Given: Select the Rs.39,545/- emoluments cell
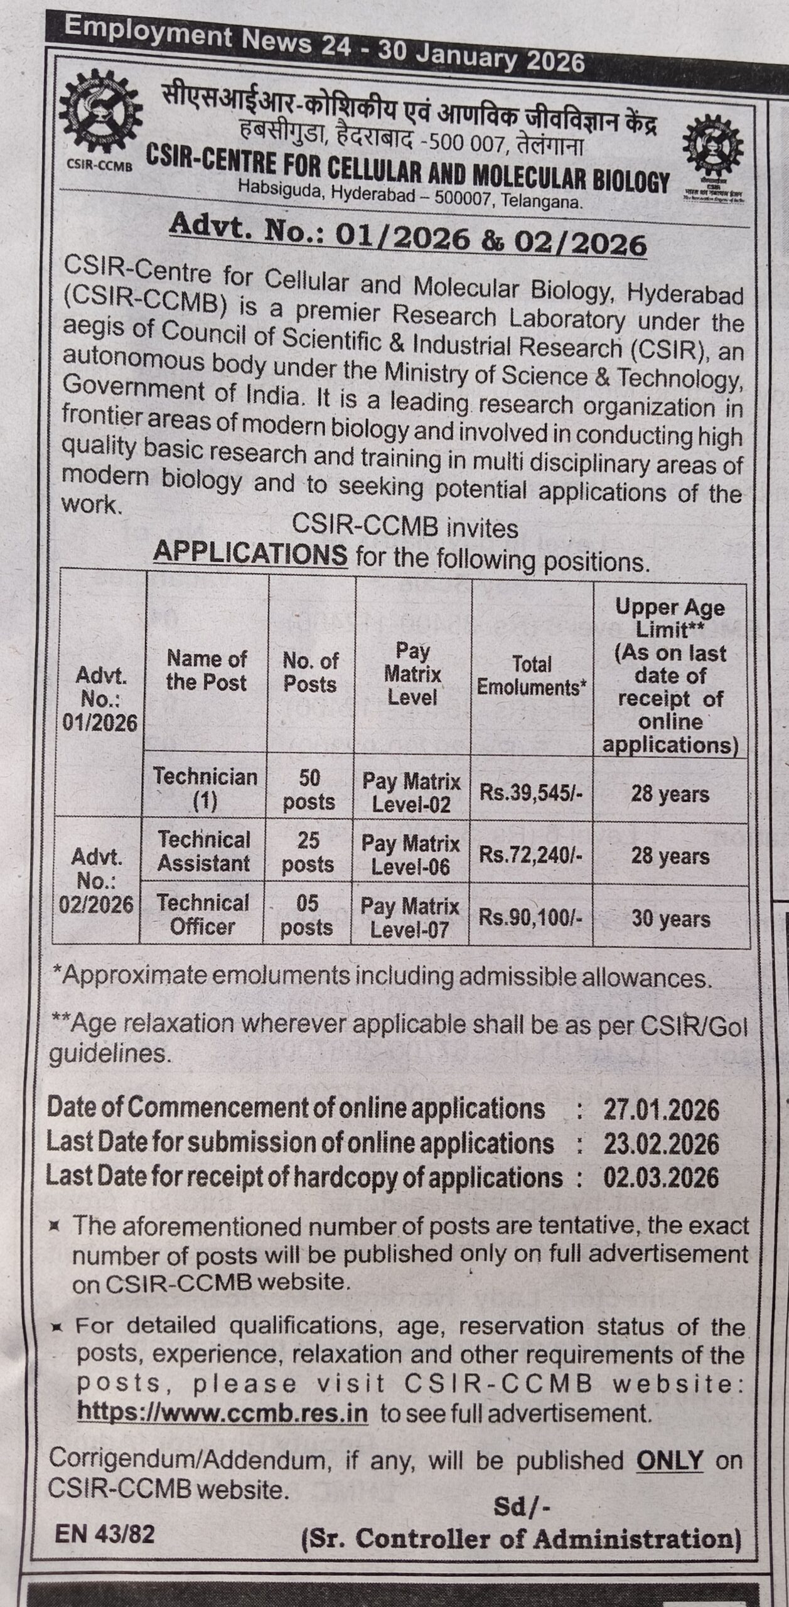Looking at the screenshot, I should click(x=531, y=792).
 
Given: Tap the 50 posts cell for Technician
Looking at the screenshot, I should click(x=309, y=790).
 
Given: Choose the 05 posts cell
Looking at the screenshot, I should click(x=307, y=915).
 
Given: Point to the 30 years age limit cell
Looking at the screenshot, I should click(x=670, y=919).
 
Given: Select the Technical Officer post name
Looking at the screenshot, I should click(x=203, y=915).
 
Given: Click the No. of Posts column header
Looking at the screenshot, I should click(x=311, y=672).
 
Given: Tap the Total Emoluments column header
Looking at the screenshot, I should click(x=531, y=675).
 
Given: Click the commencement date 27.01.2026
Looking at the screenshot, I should click(x=661, y=1110).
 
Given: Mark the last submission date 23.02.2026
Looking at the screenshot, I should click(x=661, y=1144).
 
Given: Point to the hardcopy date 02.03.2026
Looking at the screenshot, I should click(x=661, y=1177).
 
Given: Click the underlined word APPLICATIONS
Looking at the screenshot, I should click(x=250, y=554).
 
